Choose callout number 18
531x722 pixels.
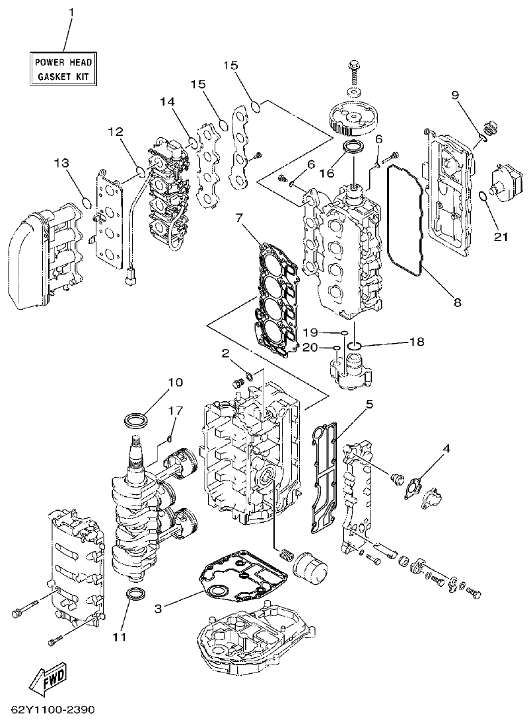click(x=415, y=342)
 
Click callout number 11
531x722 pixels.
click(x=118, y=637)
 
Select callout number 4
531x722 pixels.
click(x=447, y=447)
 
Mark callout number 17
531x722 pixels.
click(x=175, y=410)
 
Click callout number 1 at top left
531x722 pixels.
click(x=73, y=12)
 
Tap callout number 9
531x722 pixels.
click(x=455, y=94)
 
